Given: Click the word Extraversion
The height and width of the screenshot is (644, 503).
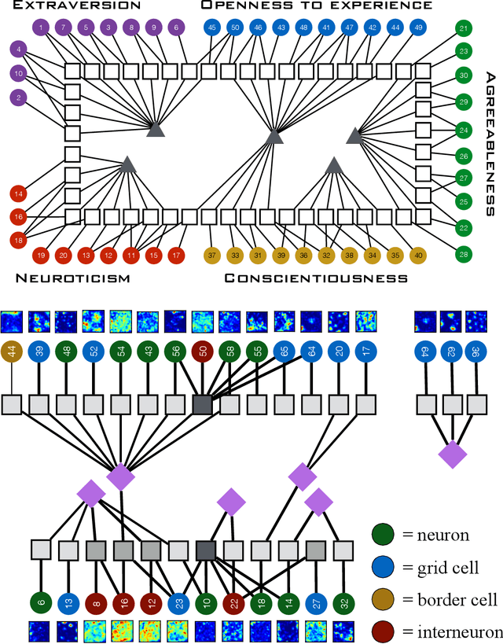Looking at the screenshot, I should pyautogui.click(x=71, y=6).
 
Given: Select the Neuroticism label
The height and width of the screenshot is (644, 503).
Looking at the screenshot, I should pyautogui.click(x=71, y=278).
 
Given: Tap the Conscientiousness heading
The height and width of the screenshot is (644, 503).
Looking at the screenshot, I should pyautogui.click(x=316, y=278).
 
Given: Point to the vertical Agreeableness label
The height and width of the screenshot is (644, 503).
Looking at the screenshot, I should pyautogui.click(x=490, y=143).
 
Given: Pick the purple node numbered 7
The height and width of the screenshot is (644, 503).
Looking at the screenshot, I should pyautogui.click(x=63, y=28).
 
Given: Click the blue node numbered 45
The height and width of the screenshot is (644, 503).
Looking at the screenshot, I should pyautogui.click(x=211, y=28).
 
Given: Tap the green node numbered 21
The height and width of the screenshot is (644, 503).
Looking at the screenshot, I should pyautogui.click(x=464, y=29).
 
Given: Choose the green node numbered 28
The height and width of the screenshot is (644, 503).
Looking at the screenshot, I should pyautogui.click(x=464, y=253).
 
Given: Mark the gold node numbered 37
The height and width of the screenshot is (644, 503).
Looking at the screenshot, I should pyautogui.click(x=212, y=255).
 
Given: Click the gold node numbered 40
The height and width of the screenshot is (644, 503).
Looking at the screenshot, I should pyautogui.click(x=418, y=255).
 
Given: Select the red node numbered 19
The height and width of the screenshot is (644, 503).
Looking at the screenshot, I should pyautogui.click(x=42, y=255).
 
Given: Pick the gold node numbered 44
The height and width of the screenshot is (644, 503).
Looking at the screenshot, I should pyautogui.click(x=12, y=353).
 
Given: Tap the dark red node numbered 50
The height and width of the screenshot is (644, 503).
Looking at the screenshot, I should pyautogui.click(x=202, y=353).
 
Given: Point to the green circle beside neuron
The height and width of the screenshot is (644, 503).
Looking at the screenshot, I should pyautogui.click(x=383, y=535).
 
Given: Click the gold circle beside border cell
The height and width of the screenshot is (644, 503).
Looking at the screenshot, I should pyautogui.click(x=383, y=599).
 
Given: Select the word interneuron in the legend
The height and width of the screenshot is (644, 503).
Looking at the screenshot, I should pyautogui.click(x=453, y=631).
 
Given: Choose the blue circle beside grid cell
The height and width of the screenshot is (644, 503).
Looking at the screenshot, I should pyautogui.click(x=383, y=567).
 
